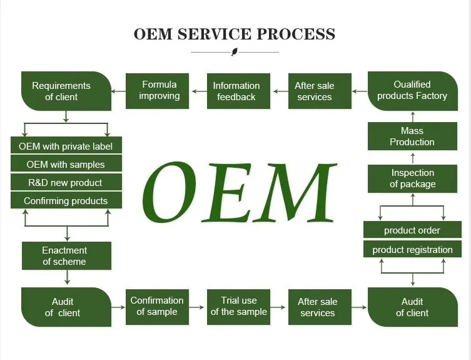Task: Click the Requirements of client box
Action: (66, 91)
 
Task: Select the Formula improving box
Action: (158, 91)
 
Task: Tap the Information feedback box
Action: (238, 91)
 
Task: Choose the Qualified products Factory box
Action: (413, 91)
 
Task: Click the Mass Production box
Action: (412, 136)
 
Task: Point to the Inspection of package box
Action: (412, 178)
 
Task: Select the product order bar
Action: (412, 230)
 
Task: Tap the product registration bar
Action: (412, 249)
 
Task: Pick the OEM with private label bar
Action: (66, 145)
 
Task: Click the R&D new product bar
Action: (66, 182)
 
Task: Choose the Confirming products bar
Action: (66, 200)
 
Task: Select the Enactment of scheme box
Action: (66, 255)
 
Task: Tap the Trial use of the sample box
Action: (238, 307)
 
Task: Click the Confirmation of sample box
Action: (158, 307)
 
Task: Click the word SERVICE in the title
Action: (214, 34)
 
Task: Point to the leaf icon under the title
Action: (235, 52)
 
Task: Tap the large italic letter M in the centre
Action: (295, 192)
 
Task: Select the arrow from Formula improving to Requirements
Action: (119, 91)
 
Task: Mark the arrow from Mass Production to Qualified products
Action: (413, 116)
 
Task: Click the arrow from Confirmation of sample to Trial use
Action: (197, 307)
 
